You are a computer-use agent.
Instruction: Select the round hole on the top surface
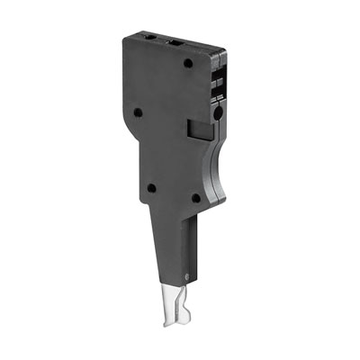coord(148,39)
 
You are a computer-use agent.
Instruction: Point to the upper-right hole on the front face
coord(186,66)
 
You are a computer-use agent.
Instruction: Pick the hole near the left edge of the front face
coord(138,112)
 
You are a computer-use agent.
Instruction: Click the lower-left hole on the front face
coord(150,187)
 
